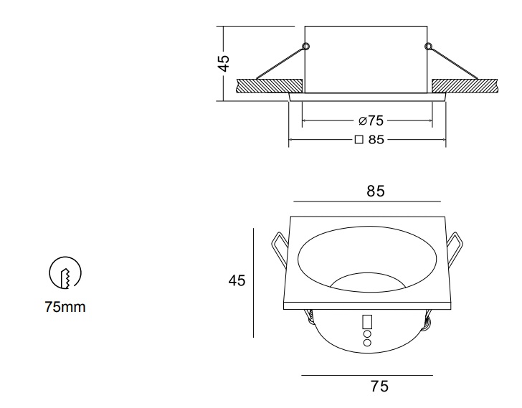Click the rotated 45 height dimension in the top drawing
(x=224, y=64)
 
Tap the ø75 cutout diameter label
(x=371, y=120)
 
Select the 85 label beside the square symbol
(x=376, y=139)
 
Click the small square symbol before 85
(x=359, y=140)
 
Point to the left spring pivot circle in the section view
(x=306, y=46)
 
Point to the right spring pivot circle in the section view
(x=429, y=46)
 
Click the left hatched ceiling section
(x=270, y=86)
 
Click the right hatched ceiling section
(x=465, y=86)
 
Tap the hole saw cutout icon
(x=65, y=272)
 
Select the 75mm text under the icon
(x=65, y=307)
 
